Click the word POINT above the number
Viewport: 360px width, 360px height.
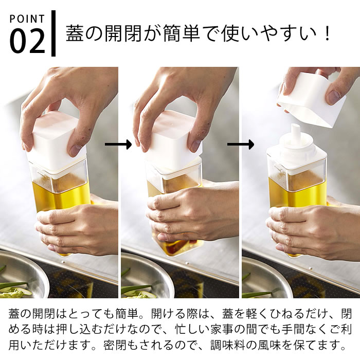point(27,19)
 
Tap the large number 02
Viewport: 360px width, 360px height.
point(27,41)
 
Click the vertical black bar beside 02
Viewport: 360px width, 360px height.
point(53,33)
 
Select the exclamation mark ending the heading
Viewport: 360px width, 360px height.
point(328,34)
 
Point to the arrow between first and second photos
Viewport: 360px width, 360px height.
point(118,145)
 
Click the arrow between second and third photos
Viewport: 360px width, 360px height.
point(241,145)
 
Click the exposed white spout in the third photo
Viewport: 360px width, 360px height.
point(295,135)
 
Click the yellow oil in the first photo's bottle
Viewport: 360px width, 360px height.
point(62,195)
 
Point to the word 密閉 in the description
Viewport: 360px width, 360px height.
point(115,345)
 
